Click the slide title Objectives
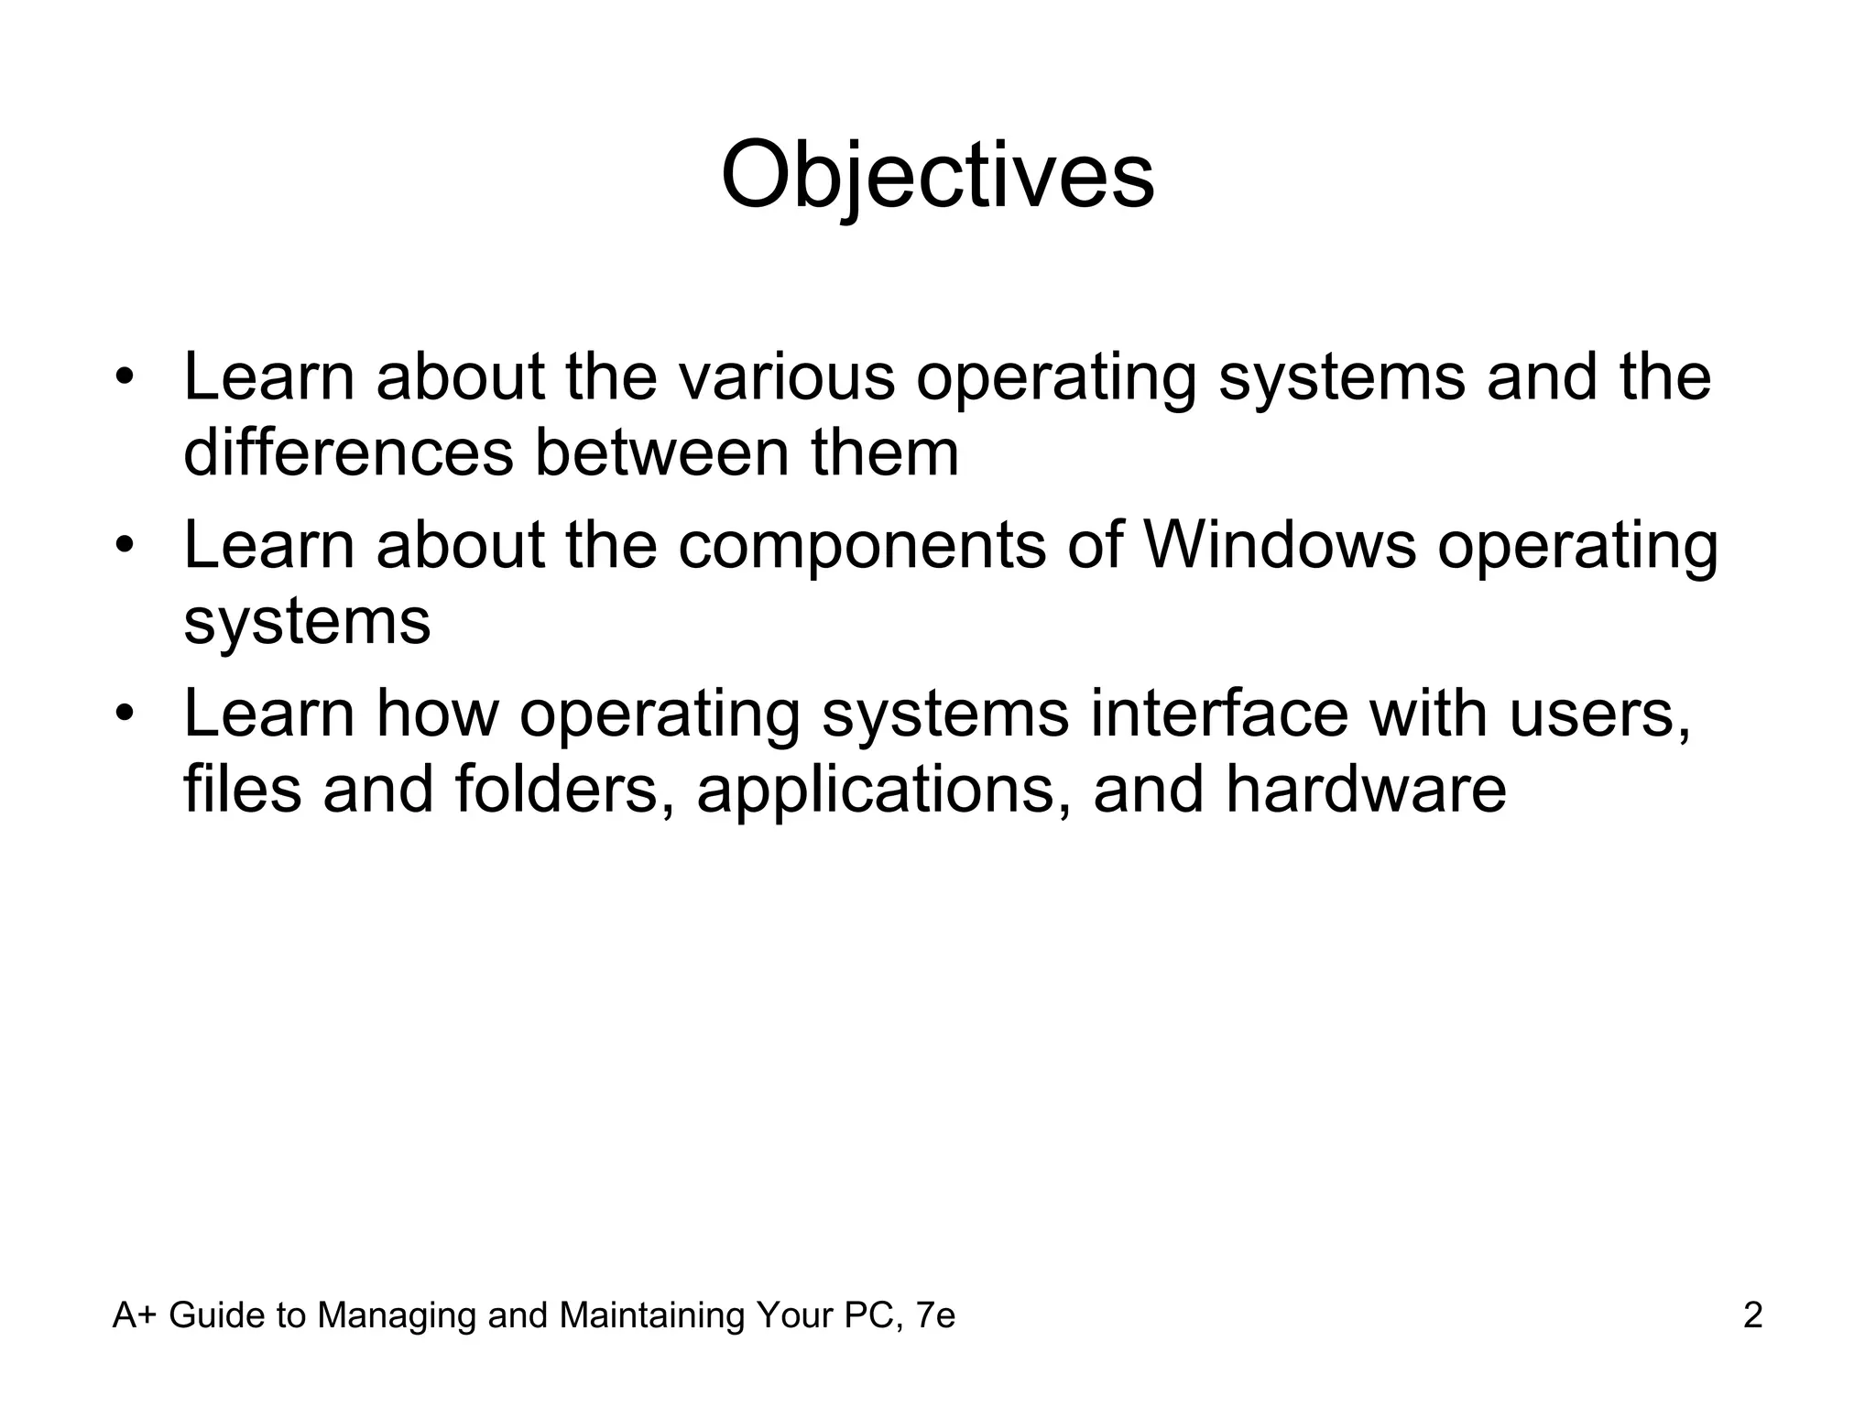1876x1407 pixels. pos(937,176)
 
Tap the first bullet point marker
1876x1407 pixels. pos(125,377)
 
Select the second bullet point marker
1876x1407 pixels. pos(125,546)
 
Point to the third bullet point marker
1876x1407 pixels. pos(125,714)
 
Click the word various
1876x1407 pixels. pos(786,377)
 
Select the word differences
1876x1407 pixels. pos(348,453)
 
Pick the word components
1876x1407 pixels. pos(861,546)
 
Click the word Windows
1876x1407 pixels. pos(1280,546)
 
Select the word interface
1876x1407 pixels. pos(1218,714)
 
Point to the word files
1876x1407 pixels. pos(242,790)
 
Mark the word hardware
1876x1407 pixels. pos(1365,790)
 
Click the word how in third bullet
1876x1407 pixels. pos(436,714)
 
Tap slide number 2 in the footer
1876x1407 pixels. pos(1752,1315)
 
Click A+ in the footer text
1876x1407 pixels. pos(135,1315)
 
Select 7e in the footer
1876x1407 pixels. pos(934,1315)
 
